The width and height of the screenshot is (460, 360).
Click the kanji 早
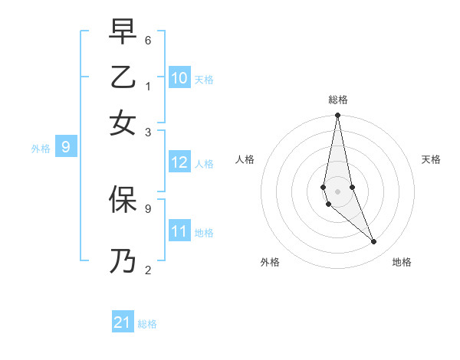pos(123,31)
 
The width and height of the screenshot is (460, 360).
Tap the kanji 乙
pos(123,77)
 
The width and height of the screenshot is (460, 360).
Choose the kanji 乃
pos(123,260)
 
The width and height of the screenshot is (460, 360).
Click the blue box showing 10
pos(179,78)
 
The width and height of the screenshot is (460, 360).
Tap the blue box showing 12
pos(179,162)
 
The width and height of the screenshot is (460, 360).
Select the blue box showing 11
pos(179,231)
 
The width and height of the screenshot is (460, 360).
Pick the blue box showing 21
pos(123,322)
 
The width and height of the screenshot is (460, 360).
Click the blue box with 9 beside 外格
pos(65,147)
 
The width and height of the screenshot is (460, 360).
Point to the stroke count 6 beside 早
pos(148,41)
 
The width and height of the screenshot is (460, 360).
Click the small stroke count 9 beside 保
pos(148,208)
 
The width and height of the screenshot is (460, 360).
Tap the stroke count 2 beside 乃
pos(148,269)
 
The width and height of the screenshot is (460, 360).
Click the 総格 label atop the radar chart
pos(337,100)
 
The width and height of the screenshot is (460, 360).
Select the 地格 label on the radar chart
pos(402,262)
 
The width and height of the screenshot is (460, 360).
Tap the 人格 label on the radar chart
pos(245,159)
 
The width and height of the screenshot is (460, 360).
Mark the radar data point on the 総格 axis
pos(337,116)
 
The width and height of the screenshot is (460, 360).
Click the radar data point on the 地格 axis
pos(374,242)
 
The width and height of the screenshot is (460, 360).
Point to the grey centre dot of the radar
pos(337,191)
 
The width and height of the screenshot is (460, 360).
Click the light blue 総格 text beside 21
pos(147,324)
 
